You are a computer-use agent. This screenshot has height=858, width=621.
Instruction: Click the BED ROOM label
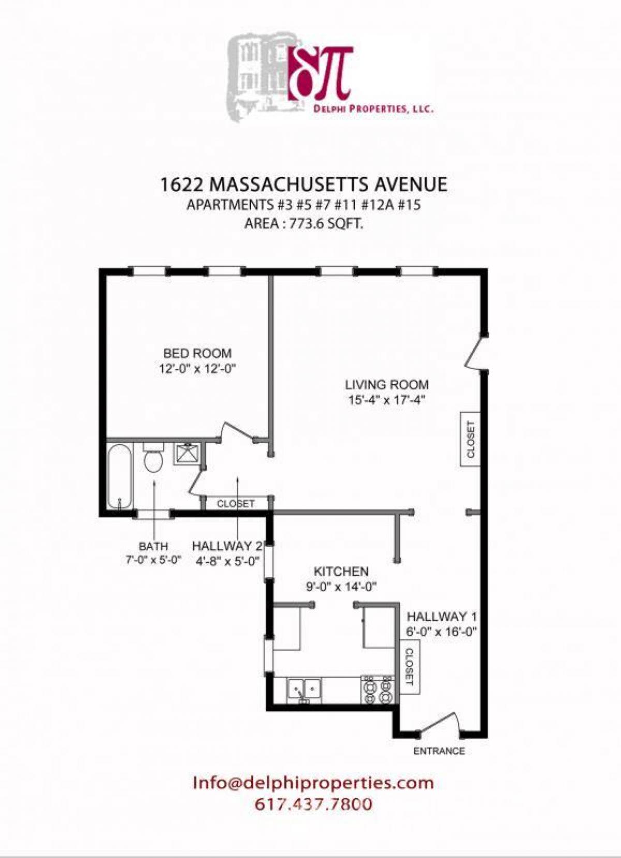197,354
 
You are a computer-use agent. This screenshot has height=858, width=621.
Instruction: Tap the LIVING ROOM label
387,385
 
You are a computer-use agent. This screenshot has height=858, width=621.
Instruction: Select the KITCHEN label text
341,572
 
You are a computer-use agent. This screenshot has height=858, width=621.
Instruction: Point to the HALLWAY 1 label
441,617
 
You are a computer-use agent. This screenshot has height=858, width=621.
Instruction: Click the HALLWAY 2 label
226,546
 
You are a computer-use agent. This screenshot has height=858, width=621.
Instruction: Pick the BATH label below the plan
153,546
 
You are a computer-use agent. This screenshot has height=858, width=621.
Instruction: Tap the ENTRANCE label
439,751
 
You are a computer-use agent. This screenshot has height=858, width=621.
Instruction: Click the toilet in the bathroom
153,458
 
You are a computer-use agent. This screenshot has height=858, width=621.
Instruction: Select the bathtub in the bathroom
120,477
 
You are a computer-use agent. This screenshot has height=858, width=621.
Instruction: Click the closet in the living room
470,439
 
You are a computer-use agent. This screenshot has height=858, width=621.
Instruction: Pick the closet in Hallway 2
236,503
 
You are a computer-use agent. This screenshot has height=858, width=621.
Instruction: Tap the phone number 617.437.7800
313,804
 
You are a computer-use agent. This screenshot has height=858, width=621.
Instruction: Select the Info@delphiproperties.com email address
313,782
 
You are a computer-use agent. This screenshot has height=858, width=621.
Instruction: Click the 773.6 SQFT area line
303,224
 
